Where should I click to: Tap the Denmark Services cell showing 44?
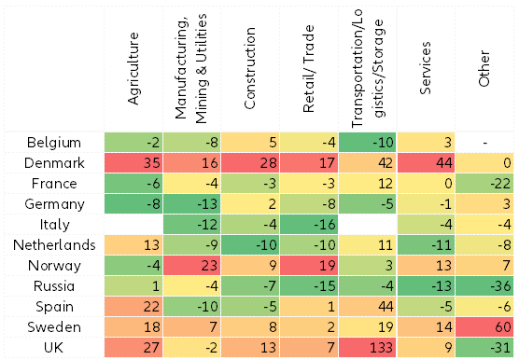click(x=427, y=162)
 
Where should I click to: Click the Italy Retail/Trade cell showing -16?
click(x=310, y=224)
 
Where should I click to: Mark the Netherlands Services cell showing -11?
click(x=427, y=244)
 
